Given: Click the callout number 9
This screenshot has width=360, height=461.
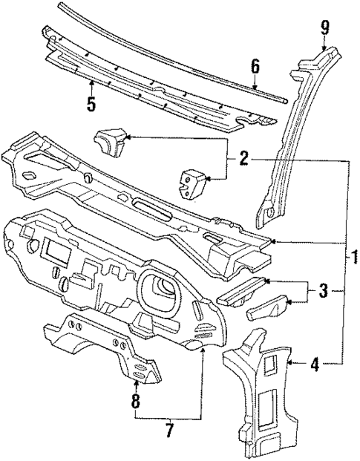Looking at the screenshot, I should pyautogui.click(x=324, y=28).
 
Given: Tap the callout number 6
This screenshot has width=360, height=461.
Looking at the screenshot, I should pyautogui.click(x=255, y=68).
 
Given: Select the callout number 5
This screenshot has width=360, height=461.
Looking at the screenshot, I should pyautogui.click(x=91, y=104).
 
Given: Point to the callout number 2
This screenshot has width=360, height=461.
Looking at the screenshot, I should pyautogui.click(x=243, y=158).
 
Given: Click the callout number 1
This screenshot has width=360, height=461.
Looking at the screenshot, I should pyautogui.click(x=354, y=259).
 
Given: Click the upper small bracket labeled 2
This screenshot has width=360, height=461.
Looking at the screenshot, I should pyautogui.click(x=109, y=141).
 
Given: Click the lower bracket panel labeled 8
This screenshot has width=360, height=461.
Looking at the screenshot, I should pyautogui.click(x=111, y=349).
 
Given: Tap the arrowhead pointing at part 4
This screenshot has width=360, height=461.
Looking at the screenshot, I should pyautogui.click(x=289, y=362).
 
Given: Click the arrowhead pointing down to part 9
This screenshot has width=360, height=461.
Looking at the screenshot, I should pyautogui.click(x=324, y=48).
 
